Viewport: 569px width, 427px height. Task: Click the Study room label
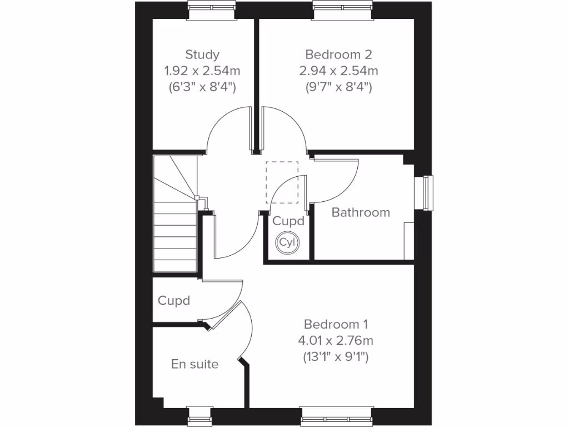[x=202, y=54]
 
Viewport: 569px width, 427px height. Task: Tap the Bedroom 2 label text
[x=338, y=54]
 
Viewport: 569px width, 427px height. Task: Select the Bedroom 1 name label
[x=336, y=324]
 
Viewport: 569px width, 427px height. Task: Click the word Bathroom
[x=361, y=212]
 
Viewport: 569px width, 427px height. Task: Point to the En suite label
[x=194, y=365]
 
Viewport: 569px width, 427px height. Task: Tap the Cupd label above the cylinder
[x=288, y=221]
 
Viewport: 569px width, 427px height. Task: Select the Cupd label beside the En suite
[x=174, y=301]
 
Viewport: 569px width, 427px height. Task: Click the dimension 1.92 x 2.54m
[x=202, y=71]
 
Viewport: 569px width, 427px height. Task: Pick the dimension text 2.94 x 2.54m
[x=338, y=71]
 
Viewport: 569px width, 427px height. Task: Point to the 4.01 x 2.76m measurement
[x=336, y=340]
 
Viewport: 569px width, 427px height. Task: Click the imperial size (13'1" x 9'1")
[x=336, y=356]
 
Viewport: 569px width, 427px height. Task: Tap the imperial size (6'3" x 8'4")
[x=202, y=87]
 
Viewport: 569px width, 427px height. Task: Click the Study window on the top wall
[x=211, y=6]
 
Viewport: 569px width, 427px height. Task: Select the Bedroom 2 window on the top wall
[x=342, y=6]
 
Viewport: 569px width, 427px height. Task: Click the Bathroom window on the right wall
[x=427, y=193]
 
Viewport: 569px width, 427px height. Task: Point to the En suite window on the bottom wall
[x=199, y=416]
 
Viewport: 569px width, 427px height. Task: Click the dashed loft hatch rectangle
[x=282, y=183]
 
